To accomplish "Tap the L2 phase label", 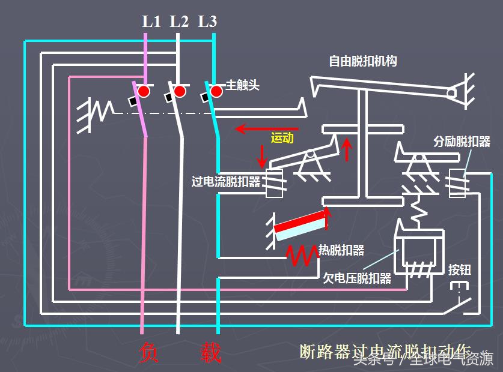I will click(x=179, y=22).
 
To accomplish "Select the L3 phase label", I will click(x=207, y=22).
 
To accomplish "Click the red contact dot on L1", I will click(x=144, y=91).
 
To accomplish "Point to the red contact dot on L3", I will click(x=215, y=91).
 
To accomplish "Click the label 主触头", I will click(x=242, y=85).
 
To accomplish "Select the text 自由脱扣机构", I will click(x=362, y=61).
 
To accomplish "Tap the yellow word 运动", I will click(x=282, y=137).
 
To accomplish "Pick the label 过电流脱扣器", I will click(x=226, y=181).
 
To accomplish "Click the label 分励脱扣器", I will click(x=462, y=142).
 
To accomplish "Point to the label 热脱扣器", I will click(x=341, y=250).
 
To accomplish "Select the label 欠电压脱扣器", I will click(x=357, y=278).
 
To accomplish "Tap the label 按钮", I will click(x=460, y=269).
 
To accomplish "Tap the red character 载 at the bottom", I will click(x=210, y=353).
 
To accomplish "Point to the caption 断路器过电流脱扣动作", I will click(x=385, y=351).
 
